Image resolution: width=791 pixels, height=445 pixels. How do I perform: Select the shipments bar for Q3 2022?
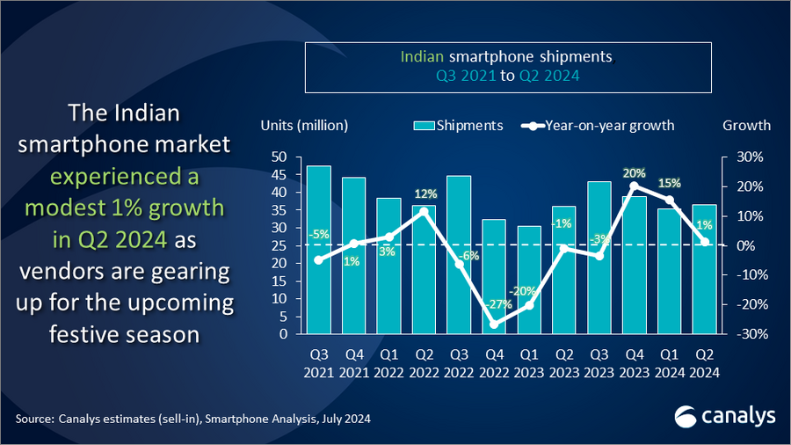(459, 255)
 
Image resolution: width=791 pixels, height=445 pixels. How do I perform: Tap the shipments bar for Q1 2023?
(529, 281)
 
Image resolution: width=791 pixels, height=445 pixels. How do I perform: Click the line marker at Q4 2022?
(494, 325)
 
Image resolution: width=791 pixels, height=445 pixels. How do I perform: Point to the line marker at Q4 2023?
(635, 186)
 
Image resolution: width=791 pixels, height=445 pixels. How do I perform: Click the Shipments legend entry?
(458, 125)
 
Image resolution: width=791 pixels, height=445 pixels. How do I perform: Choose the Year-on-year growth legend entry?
(598, 125)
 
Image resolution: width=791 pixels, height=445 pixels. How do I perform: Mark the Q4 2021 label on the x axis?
(353, 363)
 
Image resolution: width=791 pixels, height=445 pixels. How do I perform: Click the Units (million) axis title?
(304, 125)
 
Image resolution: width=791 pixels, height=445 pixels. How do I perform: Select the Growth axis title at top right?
(746, 125)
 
